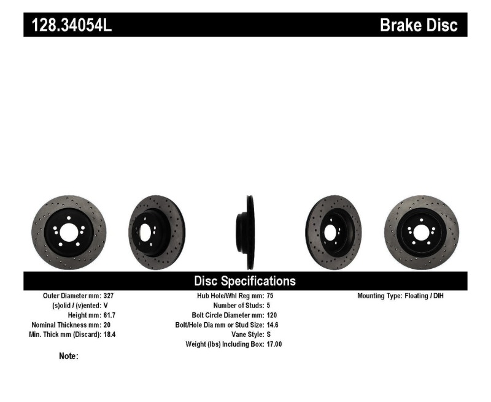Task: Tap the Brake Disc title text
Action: pos(419,25)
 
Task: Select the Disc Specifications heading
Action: pos(245,281)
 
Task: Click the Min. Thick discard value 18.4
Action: pos(111,334)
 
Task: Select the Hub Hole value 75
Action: pos(271,295)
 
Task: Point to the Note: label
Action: pos(68,356)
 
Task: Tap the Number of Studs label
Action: pos(238,305)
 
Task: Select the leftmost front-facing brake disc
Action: pos(69,232)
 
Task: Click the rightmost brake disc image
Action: pos(422,232)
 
